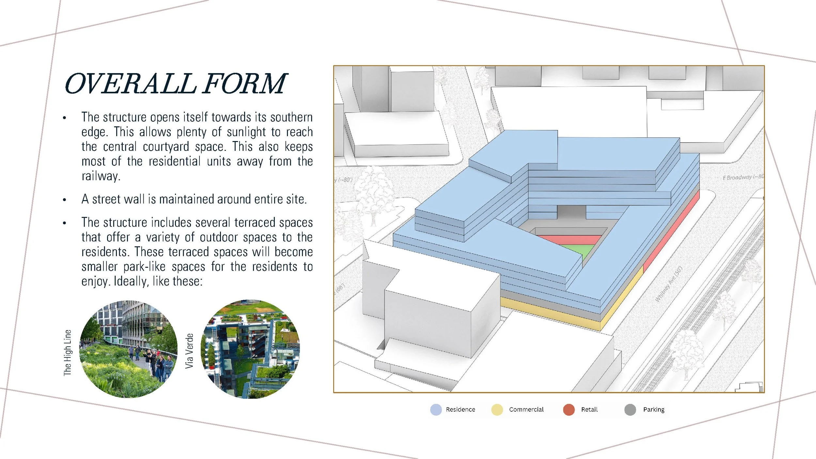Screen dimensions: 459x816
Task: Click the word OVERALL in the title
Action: (x=131, y=84)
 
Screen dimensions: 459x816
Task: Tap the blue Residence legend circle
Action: (x=436, y=409)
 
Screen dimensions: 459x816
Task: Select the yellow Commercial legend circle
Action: (x=497, y=409)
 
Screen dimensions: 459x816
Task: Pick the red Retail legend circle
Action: (x=569, y=409)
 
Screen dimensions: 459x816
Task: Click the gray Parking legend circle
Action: (x=630, y=409)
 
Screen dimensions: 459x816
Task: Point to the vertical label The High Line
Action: (x=67, y=353)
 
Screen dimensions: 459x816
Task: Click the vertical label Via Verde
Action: (x=189, y=351)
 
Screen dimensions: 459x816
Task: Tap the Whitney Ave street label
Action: (x=668, y=284)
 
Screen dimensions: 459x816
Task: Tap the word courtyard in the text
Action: (x=166, y=147)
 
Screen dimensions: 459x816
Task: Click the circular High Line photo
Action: (x=128, y=349)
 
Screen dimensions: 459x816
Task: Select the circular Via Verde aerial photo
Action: (x=250, y=349)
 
